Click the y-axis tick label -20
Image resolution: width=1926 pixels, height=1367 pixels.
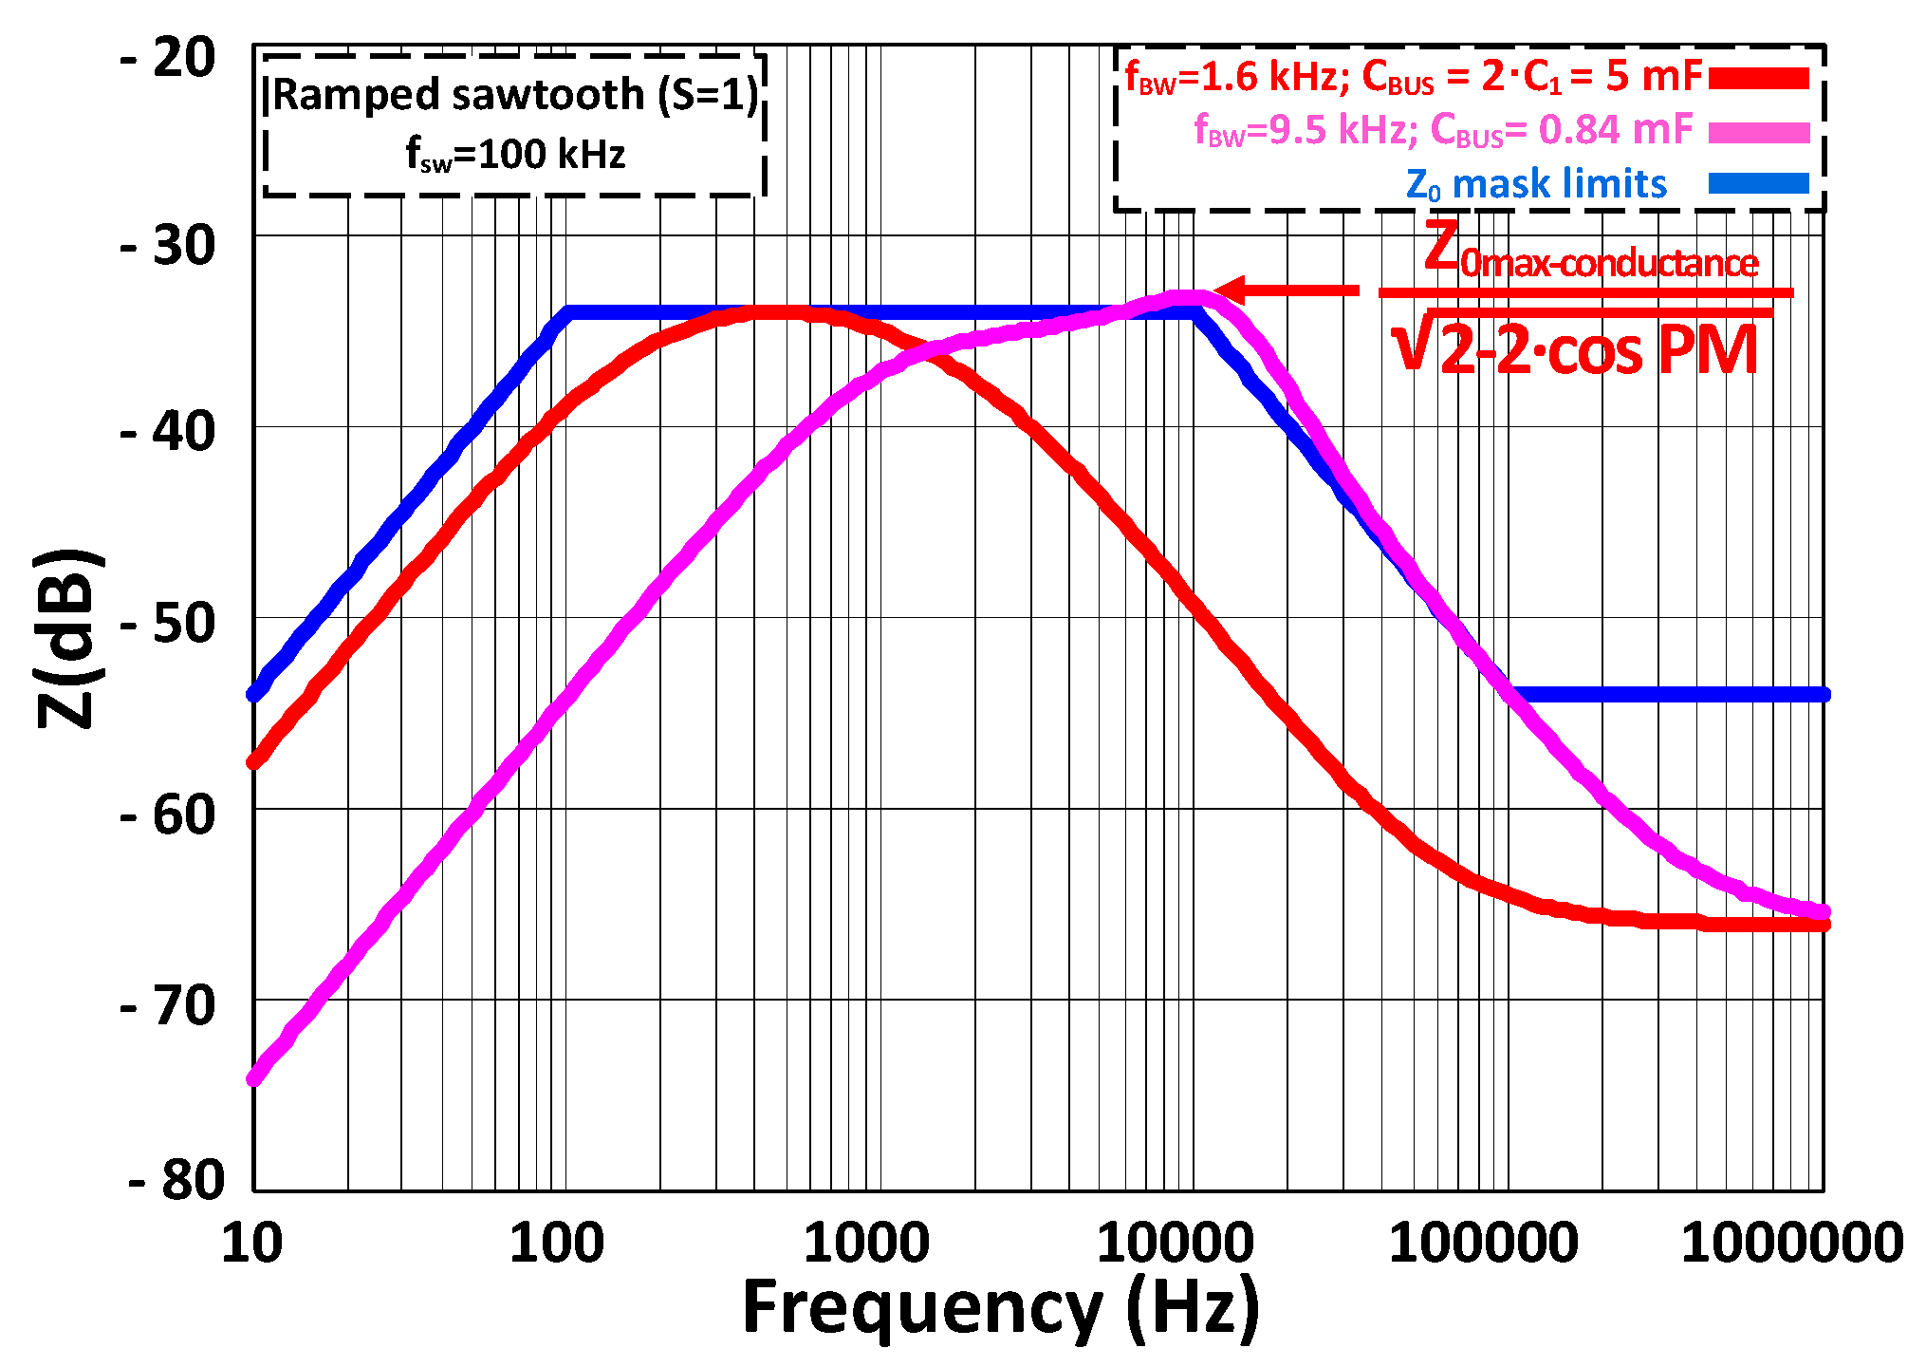169,59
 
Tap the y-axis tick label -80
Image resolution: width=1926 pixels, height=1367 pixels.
176,1181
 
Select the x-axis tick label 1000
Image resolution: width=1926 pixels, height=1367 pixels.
865,1244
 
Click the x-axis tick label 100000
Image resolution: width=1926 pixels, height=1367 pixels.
1483,1244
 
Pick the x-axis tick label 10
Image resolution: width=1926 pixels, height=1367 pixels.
251,1244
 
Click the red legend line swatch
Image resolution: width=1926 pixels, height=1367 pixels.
1758,78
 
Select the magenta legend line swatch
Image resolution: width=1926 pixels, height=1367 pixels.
1758,132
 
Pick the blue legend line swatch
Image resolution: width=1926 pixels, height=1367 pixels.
1758,184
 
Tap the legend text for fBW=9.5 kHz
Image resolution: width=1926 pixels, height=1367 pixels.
1442,130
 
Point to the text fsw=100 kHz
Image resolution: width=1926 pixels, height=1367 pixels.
515,155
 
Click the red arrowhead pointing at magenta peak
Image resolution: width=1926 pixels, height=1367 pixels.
1229,290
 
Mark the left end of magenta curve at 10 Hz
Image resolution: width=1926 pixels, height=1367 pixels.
254,1077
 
